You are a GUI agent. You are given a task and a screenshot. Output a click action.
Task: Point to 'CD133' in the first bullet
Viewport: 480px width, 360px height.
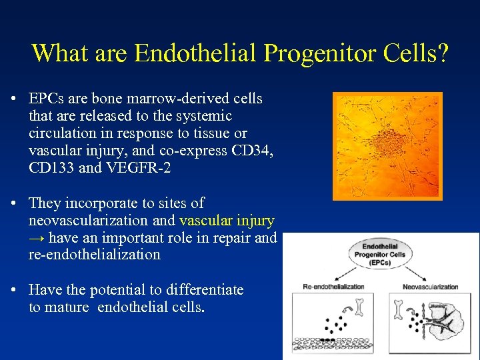coord(52,168)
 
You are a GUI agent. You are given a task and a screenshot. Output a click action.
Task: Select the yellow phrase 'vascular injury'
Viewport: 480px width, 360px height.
coord(227,220)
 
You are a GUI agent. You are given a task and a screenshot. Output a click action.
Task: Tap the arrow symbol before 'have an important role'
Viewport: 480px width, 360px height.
coord(37,237)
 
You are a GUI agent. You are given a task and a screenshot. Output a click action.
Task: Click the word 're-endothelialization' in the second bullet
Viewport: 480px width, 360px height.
coord(95,255)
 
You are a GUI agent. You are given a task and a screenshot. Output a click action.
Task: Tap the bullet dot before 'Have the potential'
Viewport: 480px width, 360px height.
coord(14,290)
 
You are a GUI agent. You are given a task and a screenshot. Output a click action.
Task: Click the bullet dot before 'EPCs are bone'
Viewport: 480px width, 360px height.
coord(14,99)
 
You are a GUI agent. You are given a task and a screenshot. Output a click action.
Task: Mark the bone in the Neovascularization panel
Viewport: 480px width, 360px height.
coord(402,310)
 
